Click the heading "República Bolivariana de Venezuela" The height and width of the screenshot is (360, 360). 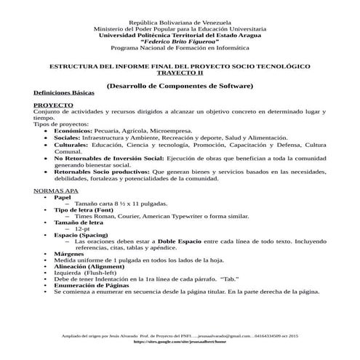click(179, 24)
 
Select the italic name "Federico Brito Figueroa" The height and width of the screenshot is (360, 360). click(179, 41)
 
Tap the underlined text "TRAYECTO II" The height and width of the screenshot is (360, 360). click(179, 73)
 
